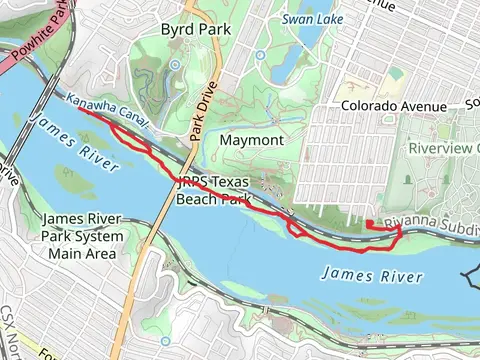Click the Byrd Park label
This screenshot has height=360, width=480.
[x=196, y=30]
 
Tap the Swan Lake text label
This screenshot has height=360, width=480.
[x=312, y=18]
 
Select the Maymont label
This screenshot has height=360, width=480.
[x=251, y=140]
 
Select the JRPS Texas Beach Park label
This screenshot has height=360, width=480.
[x=215, y=190]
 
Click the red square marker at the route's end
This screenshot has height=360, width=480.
[x=369, y=223]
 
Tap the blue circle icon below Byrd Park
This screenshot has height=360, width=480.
[x=176, y=65]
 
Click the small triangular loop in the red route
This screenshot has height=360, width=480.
[x=297, y=229]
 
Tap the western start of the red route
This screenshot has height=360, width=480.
[x=77, y=110]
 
